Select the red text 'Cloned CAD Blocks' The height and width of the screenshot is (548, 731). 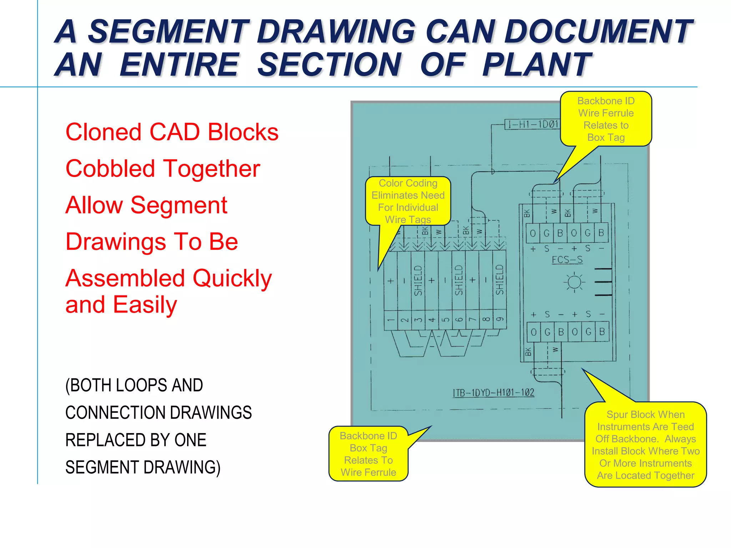coord(172,132)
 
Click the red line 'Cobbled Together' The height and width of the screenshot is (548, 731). coord(163,168)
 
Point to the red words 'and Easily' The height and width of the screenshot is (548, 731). coord(121,305)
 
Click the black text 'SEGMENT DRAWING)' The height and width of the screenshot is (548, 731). coord(143,467)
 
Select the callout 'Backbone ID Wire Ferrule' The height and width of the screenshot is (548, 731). coord(606,119)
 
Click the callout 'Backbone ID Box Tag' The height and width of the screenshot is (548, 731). coord(368,454)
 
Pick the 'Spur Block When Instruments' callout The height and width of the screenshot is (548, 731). coord(645,445)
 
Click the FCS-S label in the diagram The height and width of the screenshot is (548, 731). coord(567,260)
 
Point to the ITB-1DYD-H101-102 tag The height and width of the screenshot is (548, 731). coord(493,393)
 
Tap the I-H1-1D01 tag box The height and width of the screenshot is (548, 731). coord(533,125)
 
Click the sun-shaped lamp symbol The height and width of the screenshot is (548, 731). coord(574,282)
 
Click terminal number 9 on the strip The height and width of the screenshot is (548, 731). coord(500,319)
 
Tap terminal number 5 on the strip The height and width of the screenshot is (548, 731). coord(445,320)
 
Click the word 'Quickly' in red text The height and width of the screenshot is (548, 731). coord(232,278)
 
